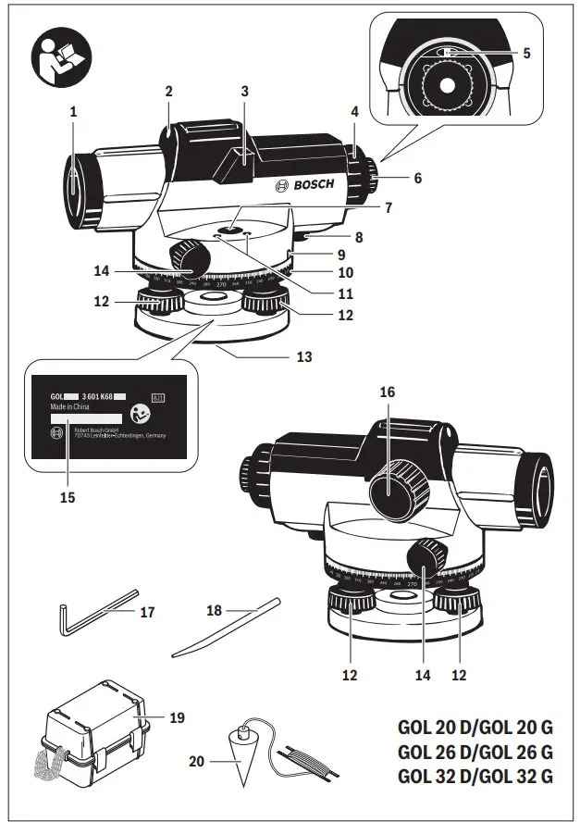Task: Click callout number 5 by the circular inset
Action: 526,54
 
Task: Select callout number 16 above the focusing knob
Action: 387,392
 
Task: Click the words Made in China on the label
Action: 70,406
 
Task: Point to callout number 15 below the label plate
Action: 68,497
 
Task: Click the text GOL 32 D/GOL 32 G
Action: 475,776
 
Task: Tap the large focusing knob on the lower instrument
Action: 395,490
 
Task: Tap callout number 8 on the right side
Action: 358,237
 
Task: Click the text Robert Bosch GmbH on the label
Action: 97,431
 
